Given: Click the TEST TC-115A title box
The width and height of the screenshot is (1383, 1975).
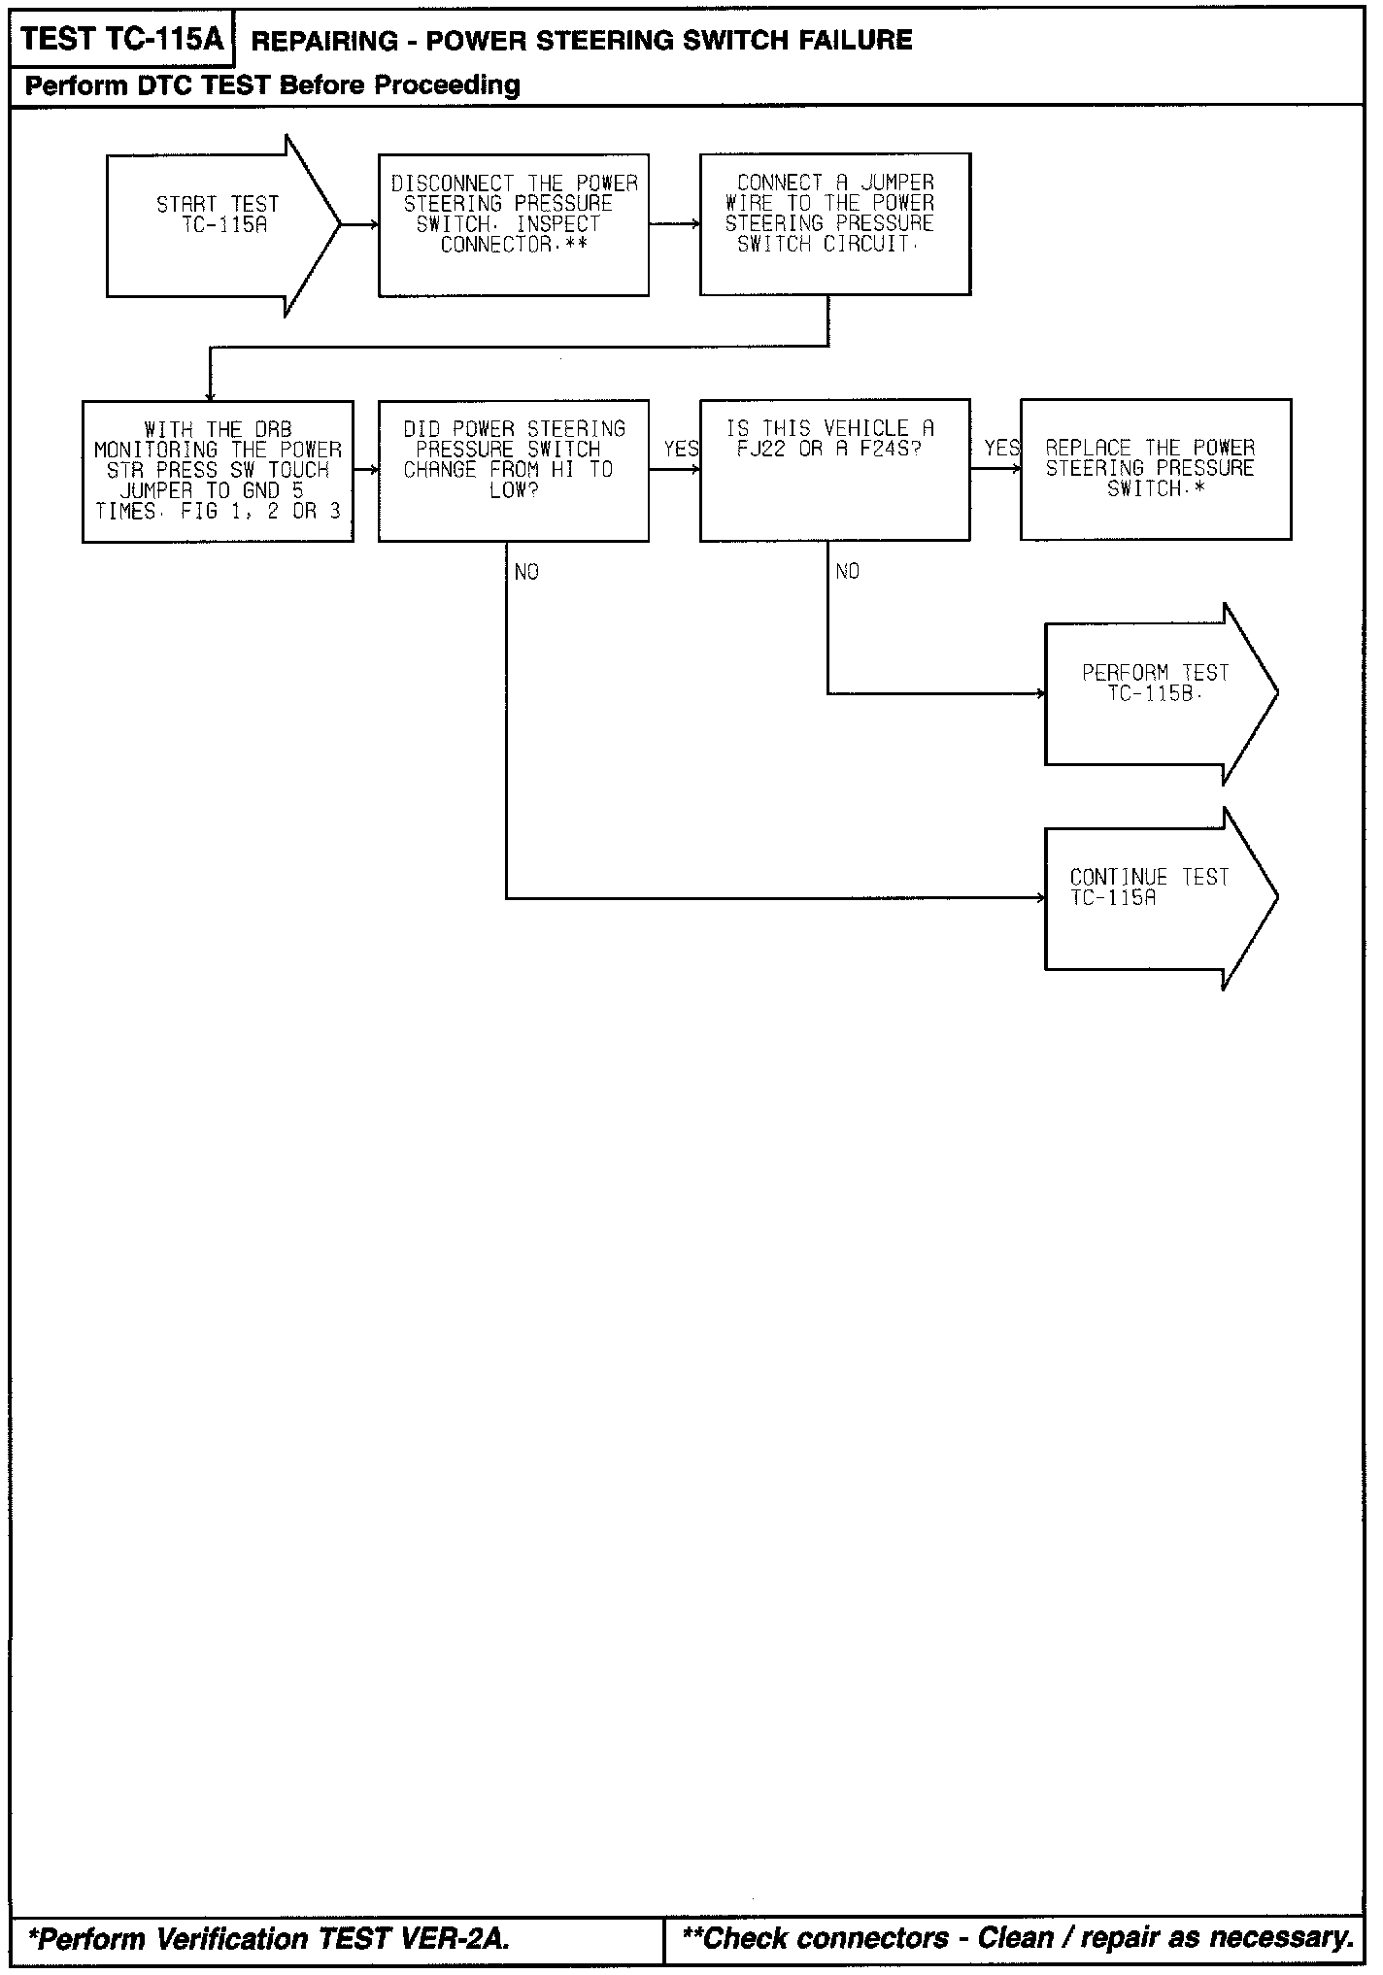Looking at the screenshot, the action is (121, 39).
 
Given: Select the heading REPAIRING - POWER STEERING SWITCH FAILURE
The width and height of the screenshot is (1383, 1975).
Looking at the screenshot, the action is (581, 40).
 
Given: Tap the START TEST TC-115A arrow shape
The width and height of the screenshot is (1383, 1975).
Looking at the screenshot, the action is (219, 224).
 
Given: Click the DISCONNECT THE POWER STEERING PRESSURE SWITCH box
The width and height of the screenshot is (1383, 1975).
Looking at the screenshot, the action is (513, 224).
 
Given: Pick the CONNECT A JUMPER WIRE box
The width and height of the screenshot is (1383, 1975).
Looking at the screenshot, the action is (834, 223).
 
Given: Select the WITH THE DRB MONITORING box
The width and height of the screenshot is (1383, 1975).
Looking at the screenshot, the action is (218, 471).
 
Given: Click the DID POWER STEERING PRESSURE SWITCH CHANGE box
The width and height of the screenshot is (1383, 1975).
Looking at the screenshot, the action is (513, 470).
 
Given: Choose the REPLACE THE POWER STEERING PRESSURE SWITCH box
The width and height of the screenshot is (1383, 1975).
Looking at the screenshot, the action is (1155, 469).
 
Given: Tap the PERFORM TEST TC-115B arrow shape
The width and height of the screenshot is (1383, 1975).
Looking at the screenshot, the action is (1156, 693).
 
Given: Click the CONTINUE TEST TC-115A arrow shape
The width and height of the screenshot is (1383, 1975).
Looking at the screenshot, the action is (1156, 898).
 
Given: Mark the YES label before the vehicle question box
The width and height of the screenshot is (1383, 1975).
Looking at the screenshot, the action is (680, 448).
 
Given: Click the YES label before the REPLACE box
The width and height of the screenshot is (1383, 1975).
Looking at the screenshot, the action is (1001, 448).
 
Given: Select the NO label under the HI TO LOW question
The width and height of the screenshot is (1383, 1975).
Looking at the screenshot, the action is (526, 572).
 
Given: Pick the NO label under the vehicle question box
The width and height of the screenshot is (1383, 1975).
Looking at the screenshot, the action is (847, 571).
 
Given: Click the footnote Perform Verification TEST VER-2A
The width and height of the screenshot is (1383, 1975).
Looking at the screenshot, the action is (269, 1939).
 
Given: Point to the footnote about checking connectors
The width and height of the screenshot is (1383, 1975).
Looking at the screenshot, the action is (1018, 1938).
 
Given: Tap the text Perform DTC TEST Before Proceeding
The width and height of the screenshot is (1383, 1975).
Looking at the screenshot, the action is (272, 85).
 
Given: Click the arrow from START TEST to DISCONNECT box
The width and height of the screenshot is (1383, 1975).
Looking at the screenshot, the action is (359, 224).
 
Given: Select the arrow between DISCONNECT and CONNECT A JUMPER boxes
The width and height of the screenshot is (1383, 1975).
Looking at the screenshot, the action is (674, 224).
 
